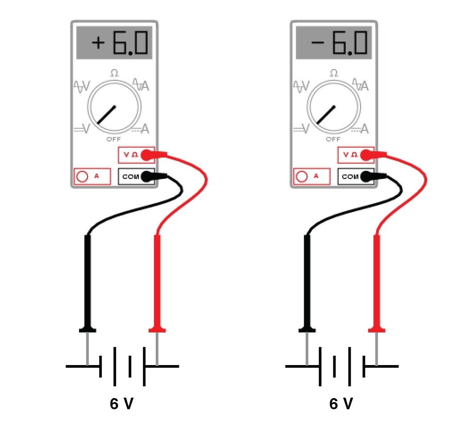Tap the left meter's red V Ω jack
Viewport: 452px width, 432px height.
coord(145,155)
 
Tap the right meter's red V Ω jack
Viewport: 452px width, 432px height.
coord(365,155)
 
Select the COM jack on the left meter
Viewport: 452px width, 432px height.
coord(145,177)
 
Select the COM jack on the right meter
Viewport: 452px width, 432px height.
coord(365,177)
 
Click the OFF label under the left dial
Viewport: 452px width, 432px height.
coord(113,140)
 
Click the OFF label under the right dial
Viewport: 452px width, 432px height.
coord(333,140)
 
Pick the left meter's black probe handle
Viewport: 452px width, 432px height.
coord(87,281)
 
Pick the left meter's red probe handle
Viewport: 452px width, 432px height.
coord(157,281)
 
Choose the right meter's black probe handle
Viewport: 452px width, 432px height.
coord(307,281)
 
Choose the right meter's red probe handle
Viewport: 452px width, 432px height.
coord(377,281)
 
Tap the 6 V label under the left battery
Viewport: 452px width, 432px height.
coord(122,404)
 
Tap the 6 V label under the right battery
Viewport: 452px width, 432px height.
coord(341,404)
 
